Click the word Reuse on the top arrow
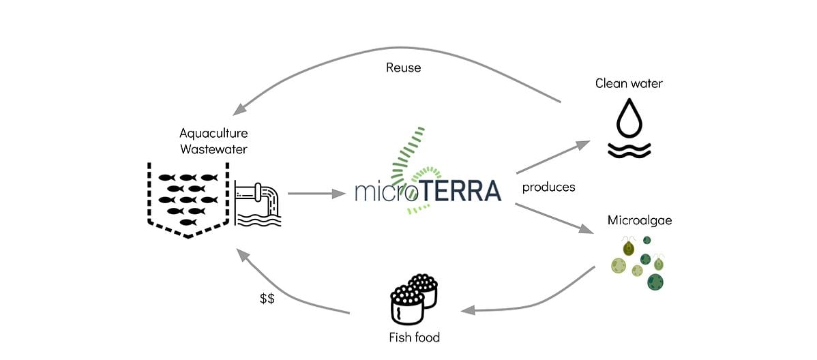point(403,67)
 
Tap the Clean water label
point(629,84)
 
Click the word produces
point(548,187)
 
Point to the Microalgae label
point(635,221)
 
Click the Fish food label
point(414,337)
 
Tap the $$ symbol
point(267,299)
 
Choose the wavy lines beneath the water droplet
point(629,150)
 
